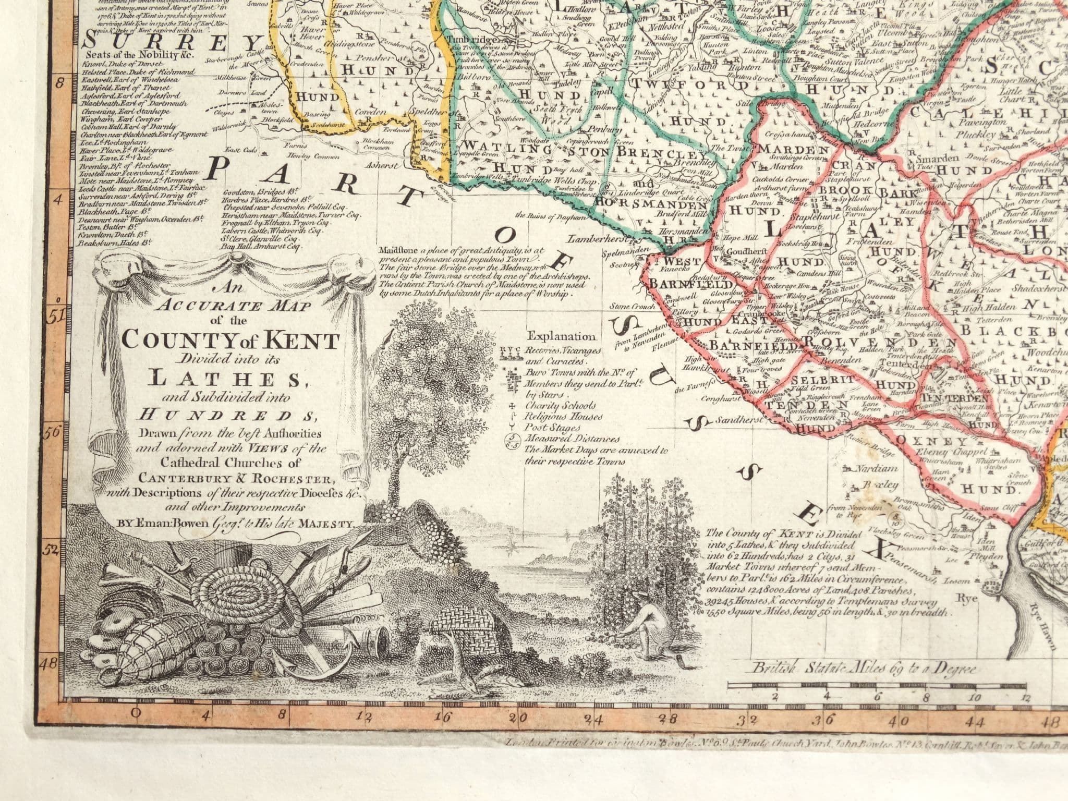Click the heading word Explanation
[561, 336]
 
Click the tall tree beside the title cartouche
[412, 386]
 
